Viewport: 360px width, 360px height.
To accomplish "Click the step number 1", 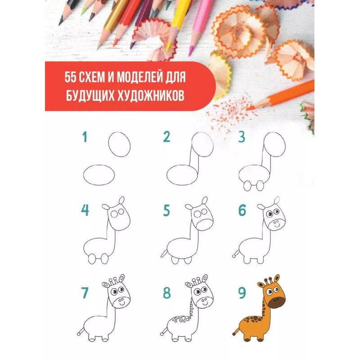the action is click(x=85, y=137).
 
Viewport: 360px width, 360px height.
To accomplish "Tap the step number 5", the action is click(x=166, y=210).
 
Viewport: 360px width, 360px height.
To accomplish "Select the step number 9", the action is click(x=242, y=293).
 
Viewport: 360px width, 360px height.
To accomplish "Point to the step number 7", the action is click(x=85, y=293).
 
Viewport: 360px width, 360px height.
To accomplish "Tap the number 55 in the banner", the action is click(x=70, y=77).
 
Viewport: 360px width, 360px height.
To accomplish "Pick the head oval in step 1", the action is click(x=119, y=144).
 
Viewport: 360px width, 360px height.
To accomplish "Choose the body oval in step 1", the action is click(x=99, y=175).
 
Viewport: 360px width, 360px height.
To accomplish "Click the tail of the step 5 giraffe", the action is click(x=164, y=254).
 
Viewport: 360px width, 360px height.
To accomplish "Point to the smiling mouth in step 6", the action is click(x=277, y=226).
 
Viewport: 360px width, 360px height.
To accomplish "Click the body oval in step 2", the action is click(x=182, y=175).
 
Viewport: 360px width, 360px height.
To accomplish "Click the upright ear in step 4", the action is click(x=121, y=200).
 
